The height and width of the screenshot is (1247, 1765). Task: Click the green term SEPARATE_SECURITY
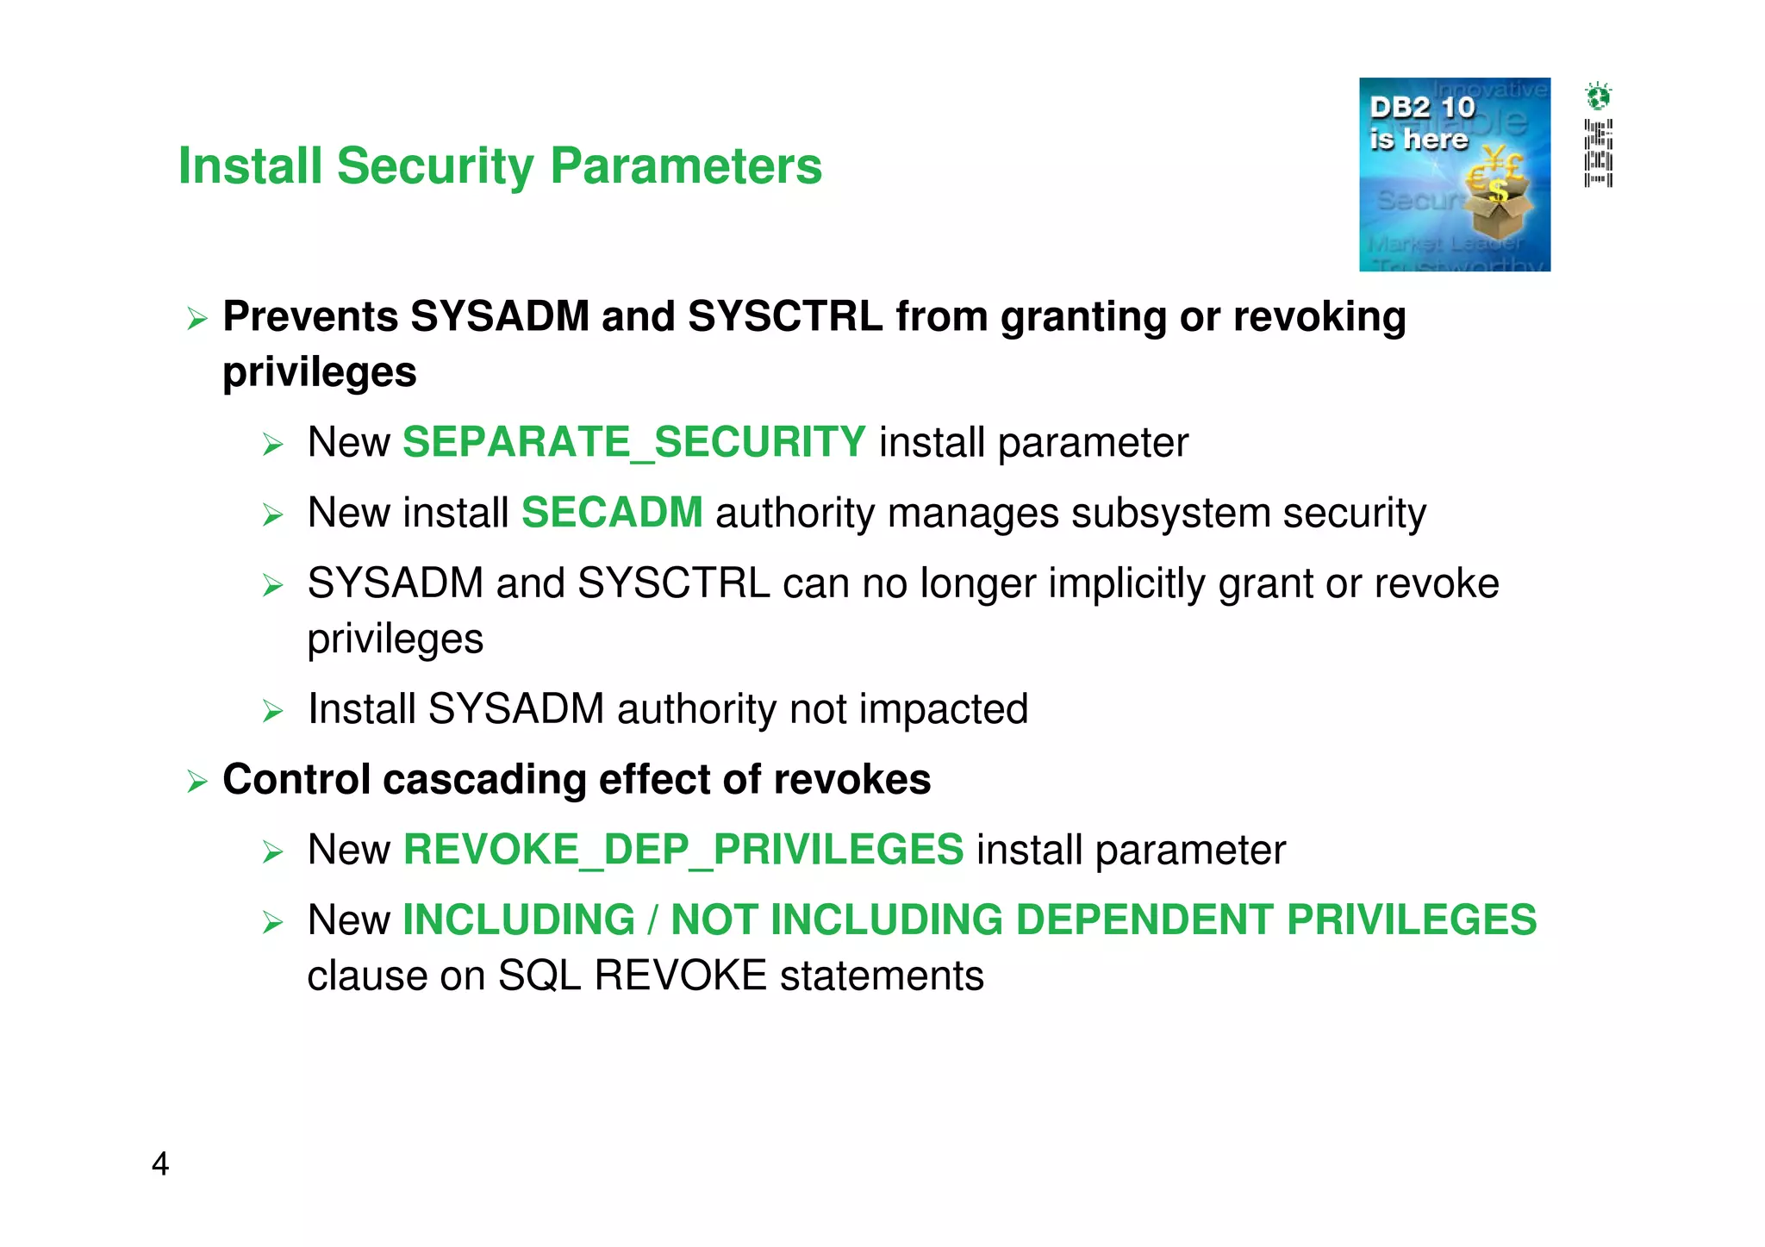tap(633, 442)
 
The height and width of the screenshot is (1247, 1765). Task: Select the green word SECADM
tap(612, 513)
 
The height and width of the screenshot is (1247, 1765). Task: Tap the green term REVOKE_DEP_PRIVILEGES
tap(683, 850)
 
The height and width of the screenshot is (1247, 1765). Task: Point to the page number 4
tap(160, 1164)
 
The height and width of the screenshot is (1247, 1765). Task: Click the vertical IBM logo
tap(1598, 153)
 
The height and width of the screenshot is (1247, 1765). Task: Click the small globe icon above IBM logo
tap(1598, 96)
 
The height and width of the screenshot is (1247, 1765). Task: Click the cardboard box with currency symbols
tap(1498, 207)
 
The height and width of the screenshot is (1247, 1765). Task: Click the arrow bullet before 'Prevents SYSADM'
tap(197, 320)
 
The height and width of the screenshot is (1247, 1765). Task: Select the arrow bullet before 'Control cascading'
tap(197, 782)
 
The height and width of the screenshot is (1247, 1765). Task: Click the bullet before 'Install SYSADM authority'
tap(273, 712)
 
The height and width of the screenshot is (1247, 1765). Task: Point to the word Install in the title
tap(250, 165)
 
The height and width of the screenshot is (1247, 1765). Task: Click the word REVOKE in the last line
tap(680, 976)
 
